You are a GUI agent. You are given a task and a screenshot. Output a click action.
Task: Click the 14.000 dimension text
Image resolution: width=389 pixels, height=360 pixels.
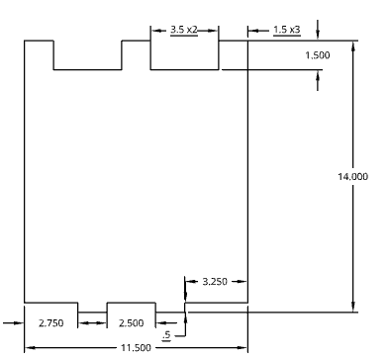pos(352,176)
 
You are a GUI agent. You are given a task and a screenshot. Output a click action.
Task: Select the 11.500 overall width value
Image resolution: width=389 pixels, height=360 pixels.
pos(136,347)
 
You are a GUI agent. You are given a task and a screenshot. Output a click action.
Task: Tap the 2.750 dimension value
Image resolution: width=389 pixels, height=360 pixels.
pos(50,322)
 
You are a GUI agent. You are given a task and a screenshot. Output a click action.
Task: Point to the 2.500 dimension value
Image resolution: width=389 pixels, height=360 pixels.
pos(131,322)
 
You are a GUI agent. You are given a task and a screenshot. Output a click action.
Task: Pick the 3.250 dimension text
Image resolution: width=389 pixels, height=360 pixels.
pos(214,282)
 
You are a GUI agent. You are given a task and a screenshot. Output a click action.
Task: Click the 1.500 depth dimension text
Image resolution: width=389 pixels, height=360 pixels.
pos(317,55)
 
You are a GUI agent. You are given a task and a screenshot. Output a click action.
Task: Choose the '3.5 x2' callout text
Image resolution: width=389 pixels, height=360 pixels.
pos(184,30)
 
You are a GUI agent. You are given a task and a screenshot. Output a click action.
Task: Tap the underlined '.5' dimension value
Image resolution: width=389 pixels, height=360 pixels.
pos(166,336)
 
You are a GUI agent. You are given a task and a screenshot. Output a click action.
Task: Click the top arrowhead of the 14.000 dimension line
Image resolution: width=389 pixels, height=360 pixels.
pos(353,45)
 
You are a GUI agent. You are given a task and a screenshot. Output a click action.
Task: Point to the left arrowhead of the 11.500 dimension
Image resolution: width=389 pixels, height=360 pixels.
pos(30,347)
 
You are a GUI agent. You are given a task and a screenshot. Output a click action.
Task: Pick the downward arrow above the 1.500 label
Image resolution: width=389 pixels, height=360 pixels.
pos(318,37)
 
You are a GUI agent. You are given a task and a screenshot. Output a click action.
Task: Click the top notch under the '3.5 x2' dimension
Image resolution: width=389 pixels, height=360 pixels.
pos(184,55)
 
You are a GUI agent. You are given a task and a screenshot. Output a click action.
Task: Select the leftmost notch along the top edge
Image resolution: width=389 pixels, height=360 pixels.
pos(87,55)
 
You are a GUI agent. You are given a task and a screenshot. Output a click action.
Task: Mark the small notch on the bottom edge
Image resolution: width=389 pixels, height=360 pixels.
pos(92,308)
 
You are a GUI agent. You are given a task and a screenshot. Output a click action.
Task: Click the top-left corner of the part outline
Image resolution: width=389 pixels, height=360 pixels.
pos(25,41)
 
